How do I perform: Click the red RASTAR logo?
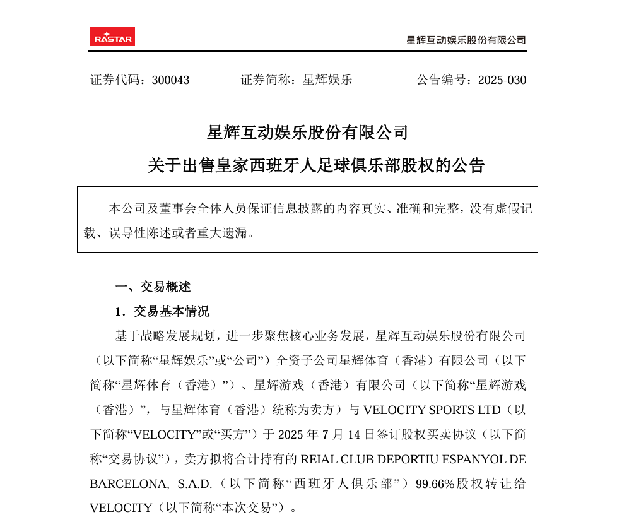pos(112,37)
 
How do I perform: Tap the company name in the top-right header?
pos(466,40)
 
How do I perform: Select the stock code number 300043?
pos(170,80)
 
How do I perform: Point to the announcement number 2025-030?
pos(502,80)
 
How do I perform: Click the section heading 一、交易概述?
pos(153,287)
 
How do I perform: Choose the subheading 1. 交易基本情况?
pos(162,312)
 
